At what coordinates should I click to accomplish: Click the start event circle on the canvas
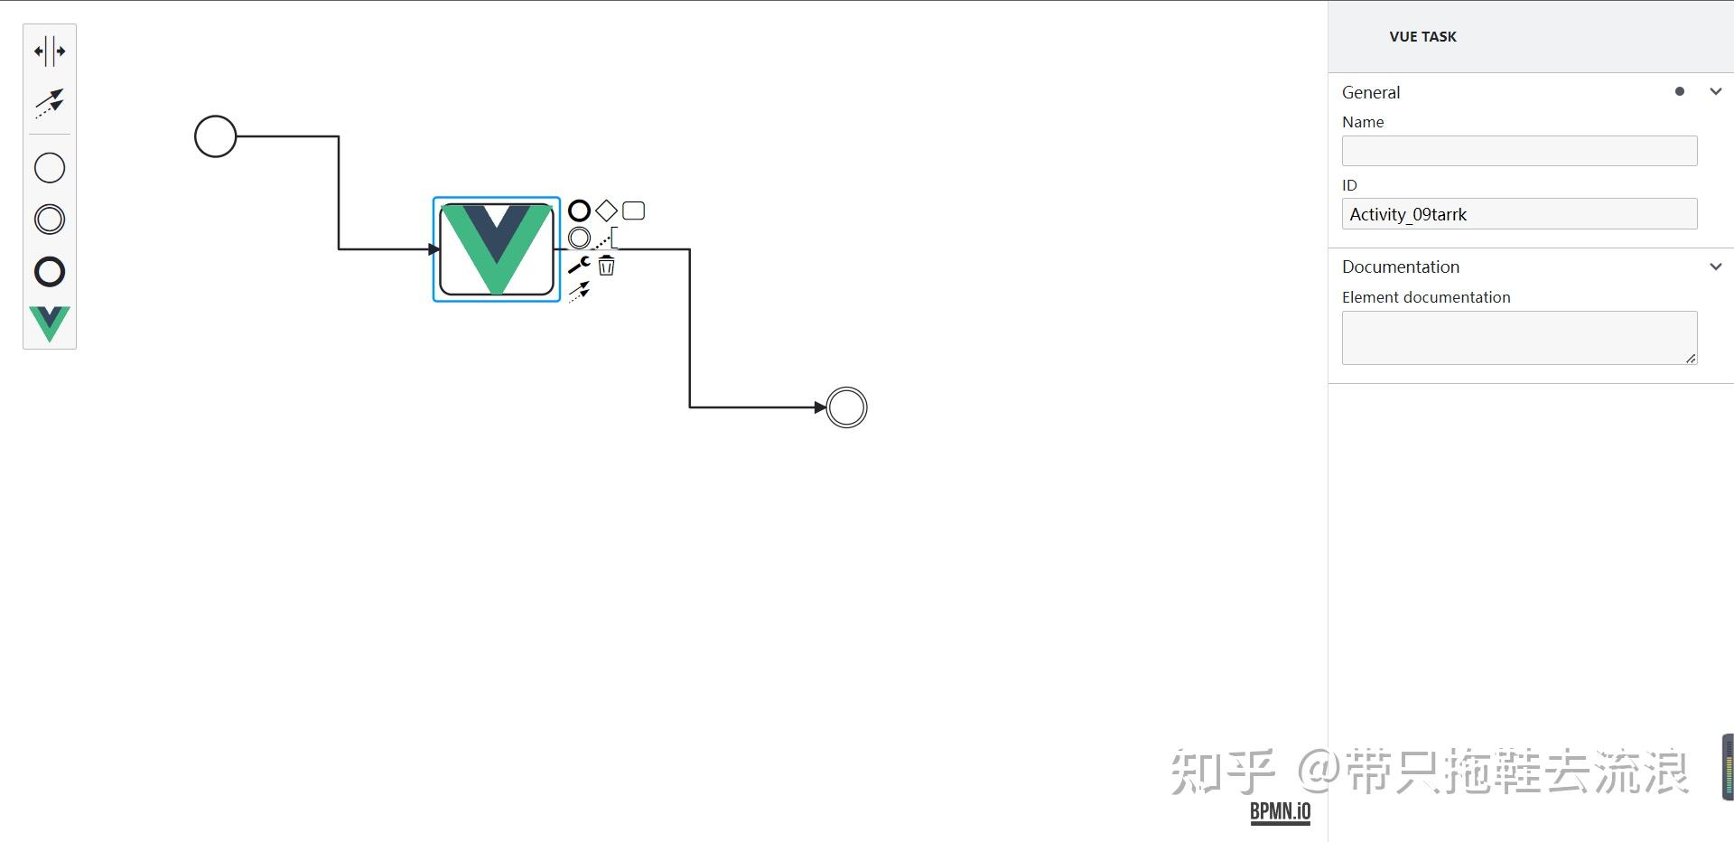215,136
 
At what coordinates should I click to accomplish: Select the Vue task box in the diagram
497,249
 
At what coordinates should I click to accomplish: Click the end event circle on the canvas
846,407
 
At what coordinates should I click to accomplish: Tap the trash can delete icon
606,266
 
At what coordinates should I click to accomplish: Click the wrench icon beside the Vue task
579,265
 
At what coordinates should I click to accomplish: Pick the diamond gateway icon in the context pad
606,210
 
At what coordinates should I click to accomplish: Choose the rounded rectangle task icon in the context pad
634,210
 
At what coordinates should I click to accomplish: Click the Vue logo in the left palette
50,323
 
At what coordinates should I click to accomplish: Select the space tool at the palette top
50,51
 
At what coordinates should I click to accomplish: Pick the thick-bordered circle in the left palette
50,272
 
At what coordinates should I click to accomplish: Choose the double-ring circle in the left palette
50,220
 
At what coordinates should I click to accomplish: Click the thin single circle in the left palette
50,168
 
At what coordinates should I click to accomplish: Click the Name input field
1519,151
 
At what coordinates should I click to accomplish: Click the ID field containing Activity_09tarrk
1519,214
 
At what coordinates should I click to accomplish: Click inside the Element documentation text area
1519,338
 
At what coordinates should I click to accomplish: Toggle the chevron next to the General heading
1716,91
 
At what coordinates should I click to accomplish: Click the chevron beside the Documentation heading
1716,267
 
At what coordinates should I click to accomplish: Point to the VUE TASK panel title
1422,37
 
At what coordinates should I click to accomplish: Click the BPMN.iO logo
1280,811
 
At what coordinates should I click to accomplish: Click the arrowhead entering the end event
820,407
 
